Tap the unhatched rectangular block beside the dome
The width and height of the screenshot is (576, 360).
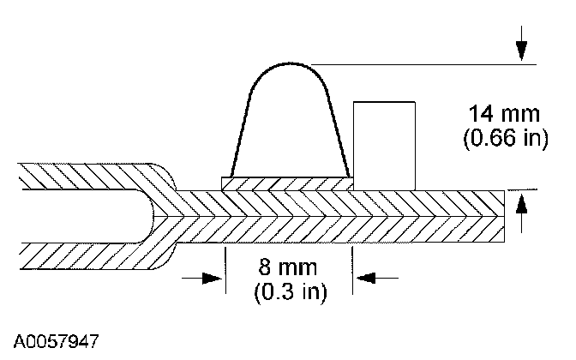point(385,142)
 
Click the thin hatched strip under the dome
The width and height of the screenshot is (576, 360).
point(287,183)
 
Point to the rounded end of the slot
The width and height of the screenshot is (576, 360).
point(159,214)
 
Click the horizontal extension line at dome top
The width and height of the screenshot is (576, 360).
point(429,63)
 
